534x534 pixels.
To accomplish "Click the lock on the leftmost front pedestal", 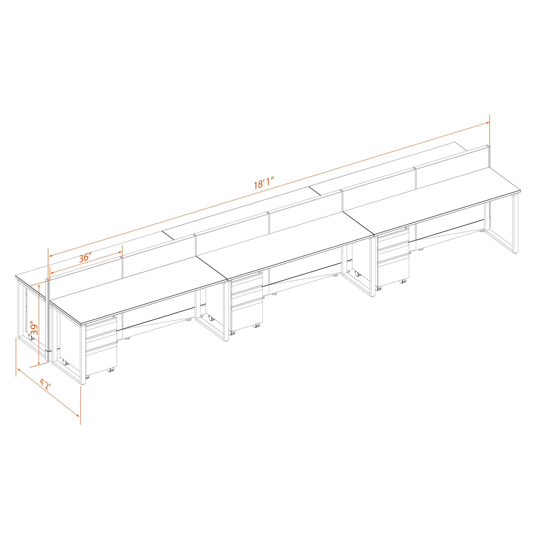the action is (x=114, y=316).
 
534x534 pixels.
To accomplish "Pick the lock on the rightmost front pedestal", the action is (x=406, y=227).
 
